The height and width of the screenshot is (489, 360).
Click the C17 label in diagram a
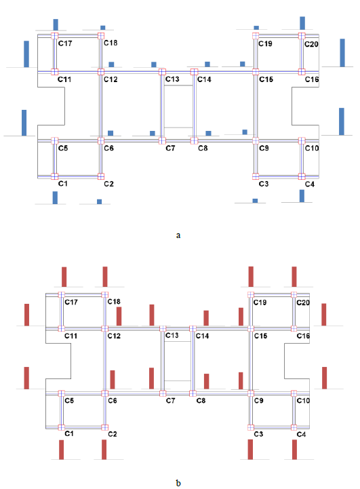65,43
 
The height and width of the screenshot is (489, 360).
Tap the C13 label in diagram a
172,80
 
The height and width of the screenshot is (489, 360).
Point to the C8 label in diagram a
203,148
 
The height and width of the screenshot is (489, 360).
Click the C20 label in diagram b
304,302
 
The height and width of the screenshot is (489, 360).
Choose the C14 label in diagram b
202,336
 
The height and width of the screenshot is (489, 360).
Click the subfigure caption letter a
178,235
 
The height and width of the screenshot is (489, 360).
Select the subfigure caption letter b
178,483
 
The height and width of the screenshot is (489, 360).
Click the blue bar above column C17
56,24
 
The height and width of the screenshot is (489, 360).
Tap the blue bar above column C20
302,23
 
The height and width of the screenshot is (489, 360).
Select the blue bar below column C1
55,197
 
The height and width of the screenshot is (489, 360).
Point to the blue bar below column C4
302,196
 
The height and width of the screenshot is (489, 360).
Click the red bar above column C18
105,276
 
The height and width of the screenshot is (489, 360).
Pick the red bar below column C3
250,449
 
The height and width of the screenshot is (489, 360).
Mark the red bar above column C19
251,276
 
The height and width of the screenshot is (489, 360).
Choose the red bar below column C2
104,449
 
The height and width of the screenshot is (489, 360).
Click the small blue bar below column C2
99,201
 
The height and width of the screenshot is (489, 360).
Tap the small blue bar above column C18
103,28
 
